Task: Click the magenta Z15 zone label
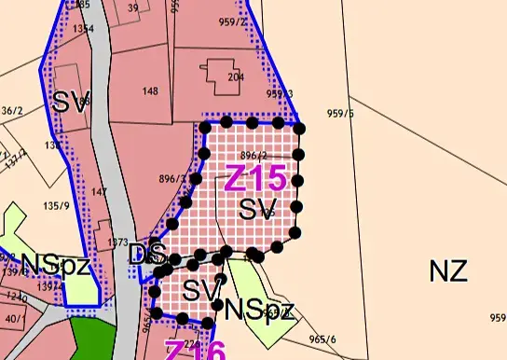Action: tap(254, 175)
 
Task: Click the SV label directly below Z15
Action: tap(258, 208)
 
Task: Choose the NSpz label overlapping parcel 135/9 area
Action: tap(55, 266)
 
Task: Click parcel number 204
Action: tap(235, 78)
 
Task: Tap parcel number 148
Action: tap(150, 91)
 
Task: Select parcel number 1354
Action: tap(84, 29)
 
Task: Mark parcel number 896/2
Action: tap(253, 156)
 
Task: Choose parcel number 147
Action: tap(100, 192)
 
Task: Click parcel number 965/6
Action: tap(322, 339)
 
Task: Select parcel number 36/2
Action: tap(11, 110)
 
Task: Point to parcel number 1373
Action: tap(117, 242)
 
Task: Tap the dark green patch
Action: tap(91, 338)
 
